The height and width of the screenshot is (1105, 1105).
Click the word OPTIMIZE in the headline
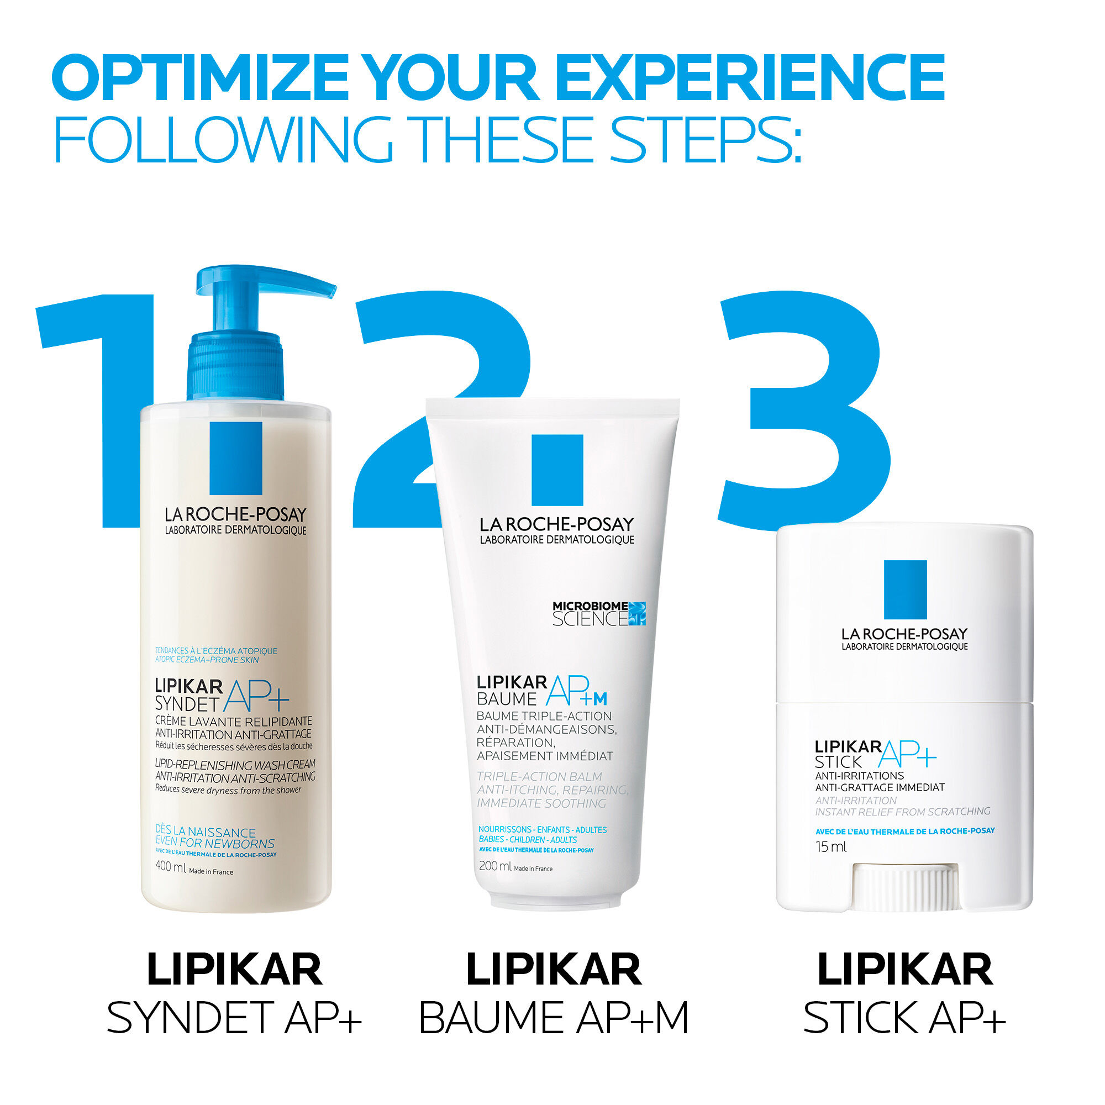[x=200, y=77]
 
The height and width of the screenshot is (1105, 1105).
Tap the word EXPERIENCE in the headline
[x=749, y=77]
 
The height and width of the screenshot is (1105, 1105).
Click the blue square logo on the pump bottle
[x=236, y=458]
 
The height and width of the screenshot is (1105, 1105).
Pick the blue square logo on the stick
[x=905, y=589]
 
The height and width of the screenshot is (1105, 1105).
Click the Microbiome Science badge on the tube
[x=598, y=614]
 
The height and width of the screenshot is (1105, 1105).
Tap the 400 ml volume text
[x=170, y=867]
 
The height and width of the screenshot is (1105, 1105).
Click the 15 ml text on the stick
[x=831, y=847]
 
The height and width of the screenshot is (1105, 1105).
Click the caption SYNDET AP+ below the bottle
[x=234, y=1018]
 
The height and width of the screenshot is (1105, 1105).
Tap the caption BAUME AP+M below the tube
[x=554, y=1018]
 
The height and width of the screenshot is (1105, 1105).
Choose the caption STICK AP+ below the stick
[x=904, y=1018]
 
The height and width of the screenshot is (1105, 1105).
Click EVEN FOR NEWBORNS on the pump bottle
[x=214, y=843]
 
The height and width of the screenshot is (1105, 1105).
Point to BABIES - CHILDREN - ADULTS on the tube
[x=528, y=840]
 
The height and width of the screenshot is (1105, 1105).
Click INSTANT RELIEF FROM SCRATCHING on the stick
[x=903, y=812]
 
